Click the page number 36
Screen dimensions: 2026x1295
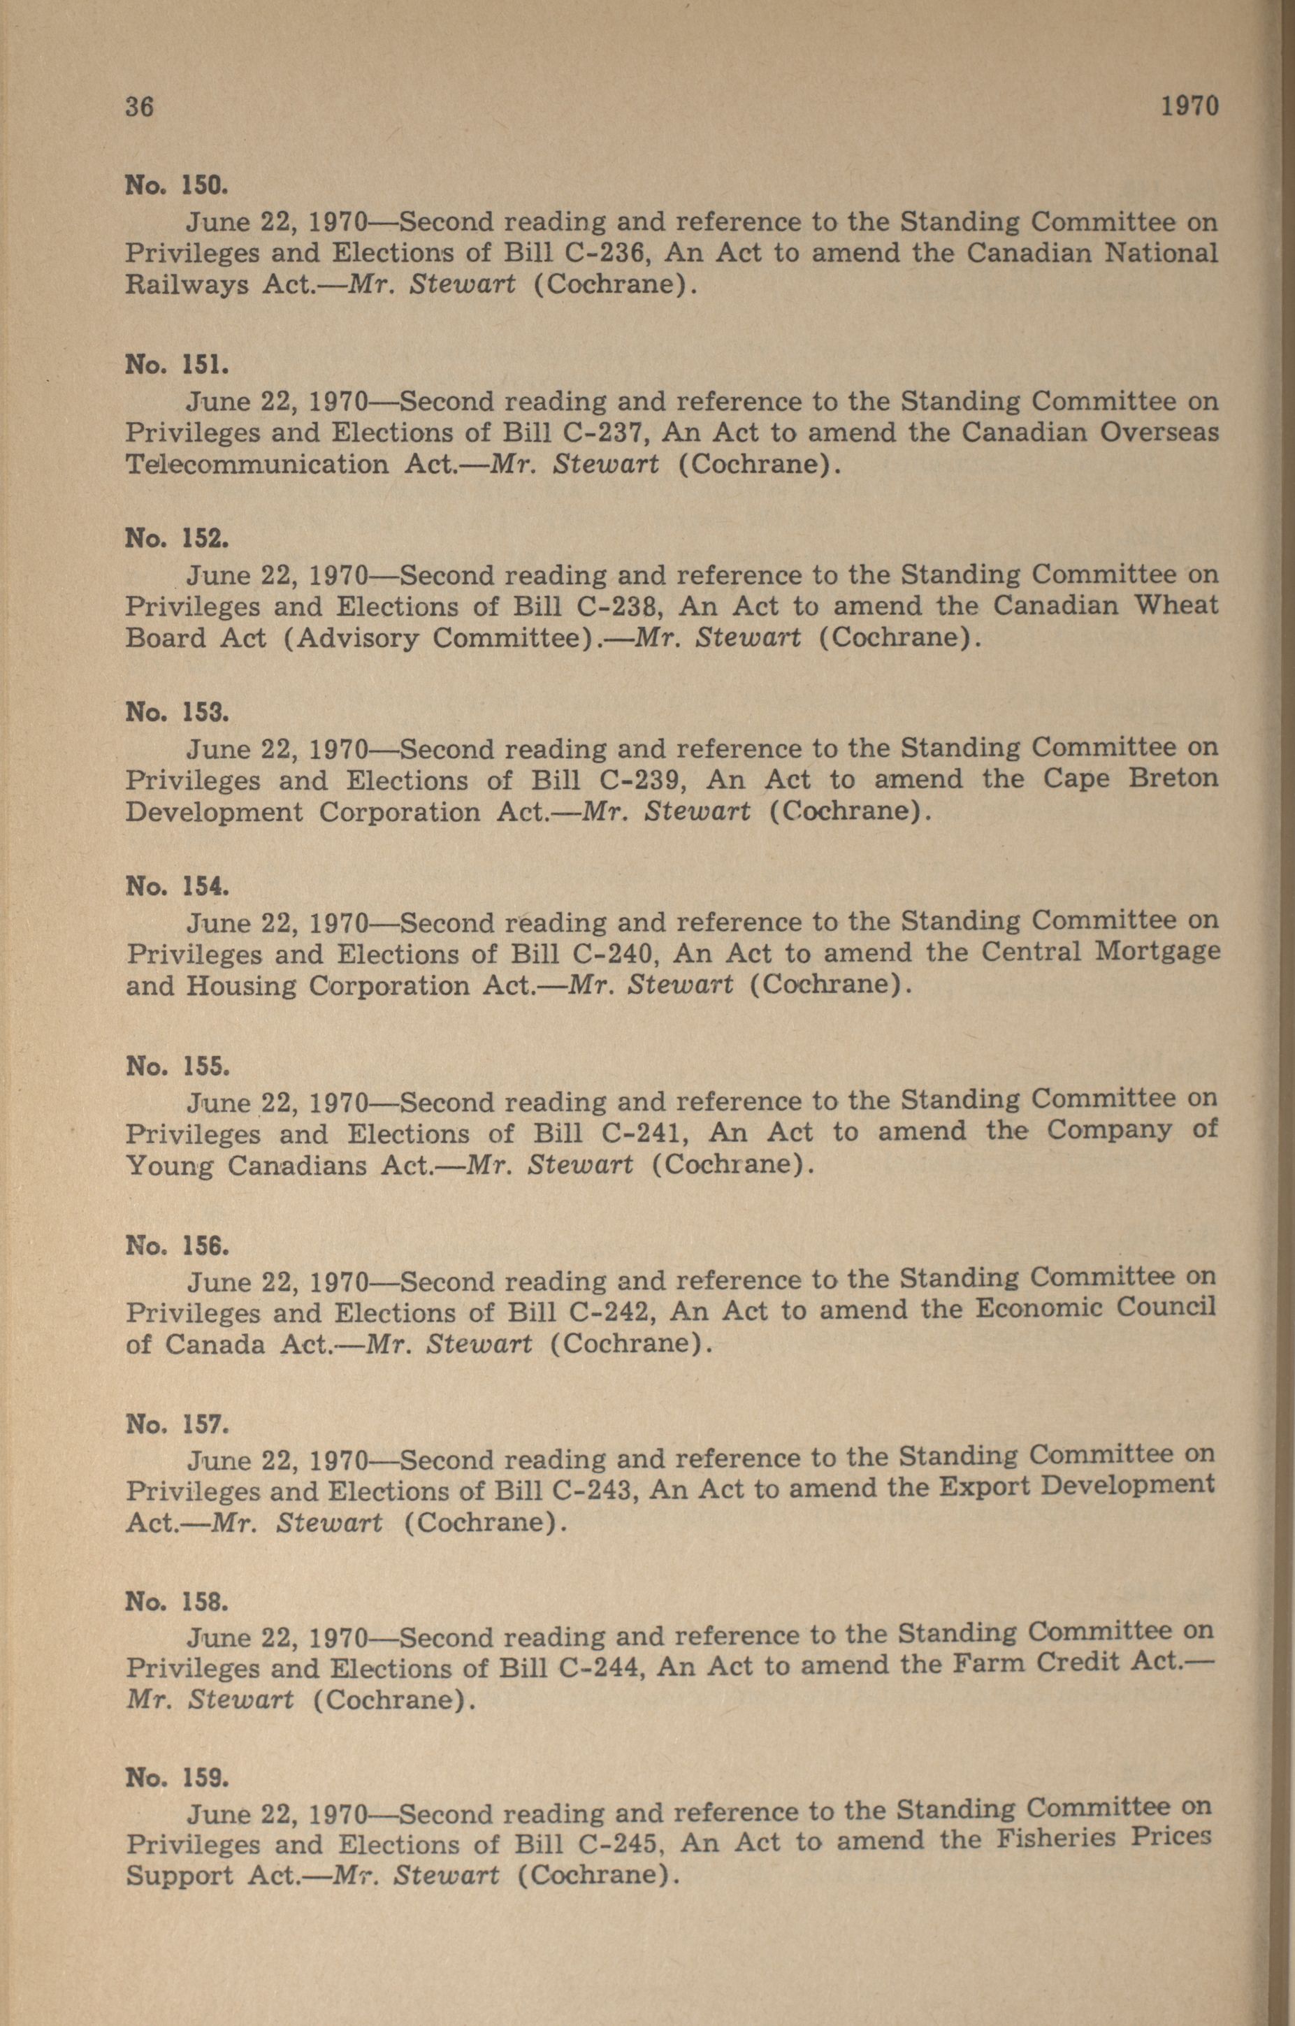click(140, 107)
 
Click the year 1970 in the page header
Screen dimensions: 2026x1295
click(1189, 107)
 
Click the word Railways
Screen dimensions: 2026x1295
click(187, 284)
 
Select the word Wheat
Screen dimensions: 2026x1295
click(1175, 605)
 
